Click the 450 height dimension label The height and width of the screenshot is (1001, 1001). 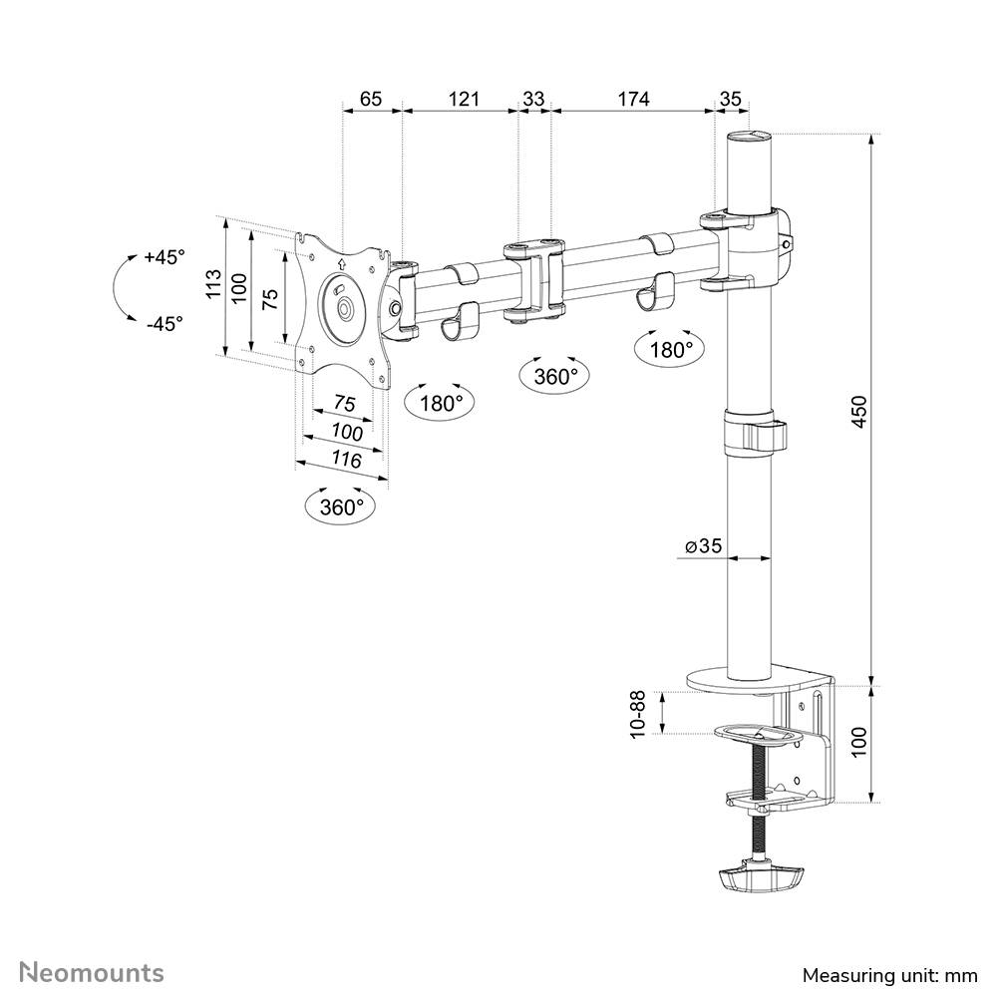(x=858, y=411)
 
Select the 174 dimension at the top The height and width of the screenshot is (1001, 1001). (x=633, y=99)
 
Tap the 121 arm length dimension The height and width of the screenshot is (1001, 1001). (x=463, y=99)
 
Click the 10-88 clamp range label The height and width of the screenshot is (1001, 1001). (x=637, y=715)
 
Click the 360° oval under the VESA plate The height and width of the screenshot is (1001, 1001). (x=342, y=506)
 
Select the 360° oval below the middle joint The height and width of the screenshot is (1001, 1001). (x=555, y=376)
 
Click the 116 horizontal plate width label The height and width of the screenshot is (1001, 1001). (x=345, y=460)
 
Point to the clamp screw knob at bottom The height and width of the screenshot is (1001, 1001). (x=759, y=877)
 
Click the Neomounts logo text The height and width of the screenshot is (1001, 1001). (x=93, y=972)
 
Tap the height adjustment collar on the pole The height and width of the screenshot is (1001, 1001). (x=753, y=432)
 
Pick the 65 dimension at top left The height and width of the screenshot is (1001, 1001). (x=371, y=99)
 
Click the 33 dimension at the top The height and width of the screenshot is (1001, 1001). (x=533, y=99)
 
